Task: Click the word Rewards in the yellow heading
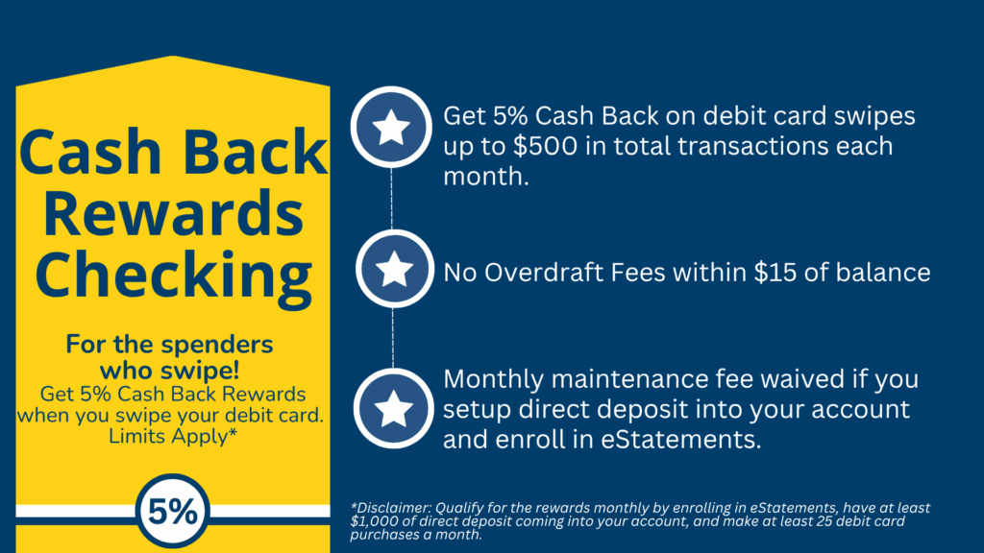pos(173,213)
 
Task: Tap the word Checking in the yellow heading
pos(173,276)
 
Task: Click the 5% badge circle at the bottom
pos(173,511)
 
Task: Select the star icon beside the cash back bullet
pos(391,127)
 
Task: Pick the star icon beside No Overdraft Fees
pos(394,269)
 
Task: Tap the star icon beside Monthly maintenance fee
pos(393,408)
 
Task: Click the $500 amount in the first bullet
pos(545,146)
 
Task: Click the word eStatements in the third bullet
pos(681,440)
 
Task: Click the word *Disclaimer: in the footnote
pos(390,508)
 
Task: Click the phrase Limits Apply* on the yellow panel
pos(173,437)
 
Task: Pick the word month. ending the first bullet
pos(485,177)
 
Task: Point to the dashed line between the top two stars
pos(392,199)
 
